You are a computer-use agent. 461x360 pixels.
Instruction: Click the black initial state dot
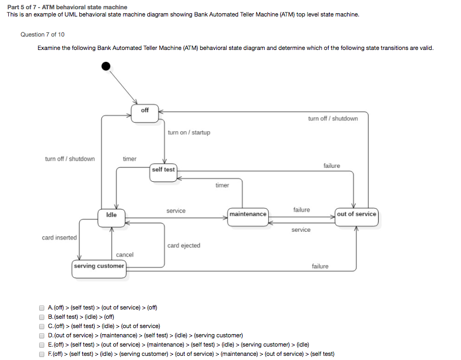(106, 66)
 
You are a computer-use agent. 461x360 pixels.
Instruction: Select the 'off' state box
(145, 113)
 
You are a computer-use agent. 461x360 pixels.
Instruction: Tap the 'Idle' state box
(111, 218)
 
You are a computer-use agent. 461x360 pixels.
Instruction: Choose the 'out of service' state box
(356, 217)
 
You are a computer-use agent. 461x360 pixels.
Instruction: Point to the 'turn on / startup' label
(189, 133)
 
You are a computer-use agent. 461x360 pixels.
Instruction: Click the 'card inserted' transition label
(59, 238)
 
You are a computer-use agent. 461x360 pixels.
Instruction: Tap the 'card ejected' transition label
(184, 246)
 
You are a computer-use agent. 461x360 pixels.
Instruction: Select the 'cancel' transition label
(125, 255)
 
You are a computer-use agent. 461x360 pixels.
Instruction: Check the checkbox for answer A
(42, 308)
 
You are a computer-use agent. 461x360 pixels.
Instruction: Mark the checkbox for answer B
(42, 317)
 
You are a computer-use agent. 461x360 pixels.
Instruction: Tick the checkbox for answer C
(42, 327)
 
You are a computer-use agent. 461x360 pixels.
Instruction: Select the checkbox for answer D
(42, 336)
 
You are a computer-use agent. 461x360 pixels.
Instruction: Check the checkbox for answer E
(42, 345)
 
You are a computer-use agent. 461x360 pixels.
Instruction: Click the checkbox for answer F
(42, 354)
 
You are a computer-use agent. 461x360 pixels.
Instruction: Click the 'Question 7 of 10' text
(43, 35)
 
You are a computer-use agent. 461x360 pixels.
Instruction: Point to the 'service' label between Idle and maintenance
(176, 211)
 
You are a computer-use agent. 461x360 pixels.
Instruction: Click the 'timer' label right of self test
(222, 185)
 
